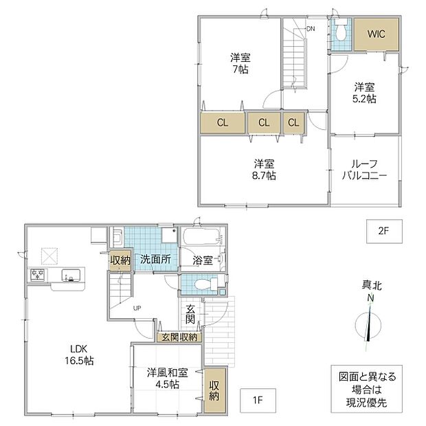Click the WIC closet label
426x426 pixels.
pos(377,34)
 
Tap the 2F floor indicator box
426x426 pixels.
pos(384,231)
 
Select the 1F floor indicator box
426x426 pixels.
pos(258,400)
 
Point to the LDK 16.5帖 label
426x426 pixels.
pos(79,355)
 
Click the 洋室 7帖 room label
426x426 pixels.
pos(240,64)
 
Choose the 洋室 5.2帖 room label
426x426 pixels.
pos(364,93)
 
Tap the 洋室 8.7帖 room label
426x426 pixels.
pos(264,170)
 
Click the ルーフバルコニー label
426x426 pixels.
pos(364,170)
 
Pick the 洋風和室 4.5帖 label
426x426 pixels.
pos(168,379)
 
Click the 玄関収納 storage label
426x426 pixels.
pos(179,337)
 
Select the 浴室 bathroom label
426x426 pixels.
pos(203,260)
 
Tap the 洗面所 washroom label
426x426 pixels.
pos(155,260)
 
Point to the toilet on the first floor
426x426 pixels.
pos(206,284)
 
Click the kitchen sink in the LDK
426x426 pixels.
pos(71,276)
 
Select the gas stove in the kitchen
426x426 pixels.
pos(38,275)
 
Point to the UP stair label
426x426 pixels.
pos(137,308)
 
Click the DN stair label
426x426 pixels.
pos(311,29)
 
